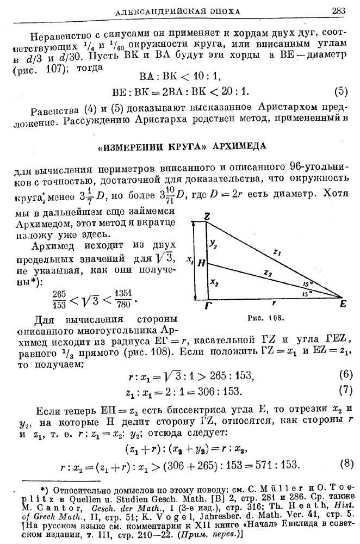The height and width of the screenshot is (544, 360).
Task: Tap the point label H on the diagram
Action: [x=202, y=263]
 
